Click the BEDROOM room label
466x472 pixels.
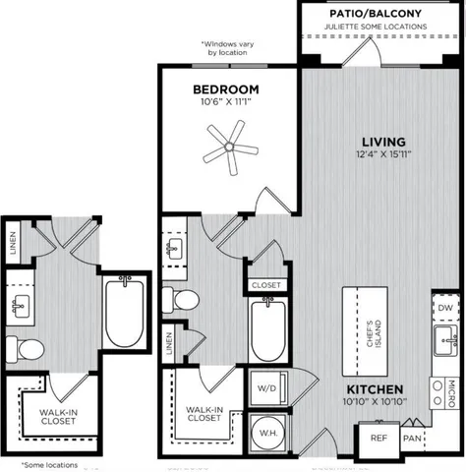coord(227,88)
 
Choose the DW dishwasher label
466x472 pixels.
coord(443,308)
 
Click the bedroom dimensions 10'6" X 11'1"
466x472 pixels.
coord(227,102)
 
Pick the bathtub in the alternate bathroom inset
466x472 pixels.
coord(123,312)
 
